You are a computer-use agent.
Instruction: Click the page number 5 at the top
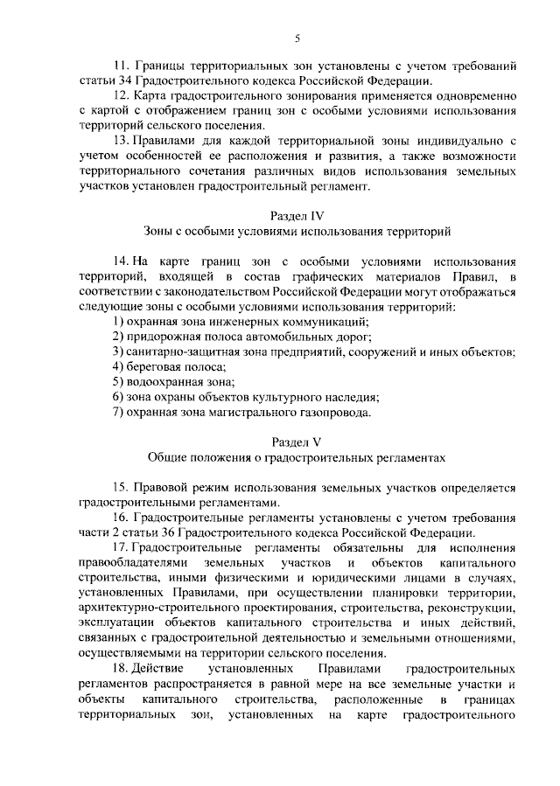pos(297,38)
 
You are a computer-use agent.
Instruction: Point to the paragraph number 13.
pos(120,141)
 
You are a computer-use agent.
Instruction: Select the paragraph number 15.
pos(120,487)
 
